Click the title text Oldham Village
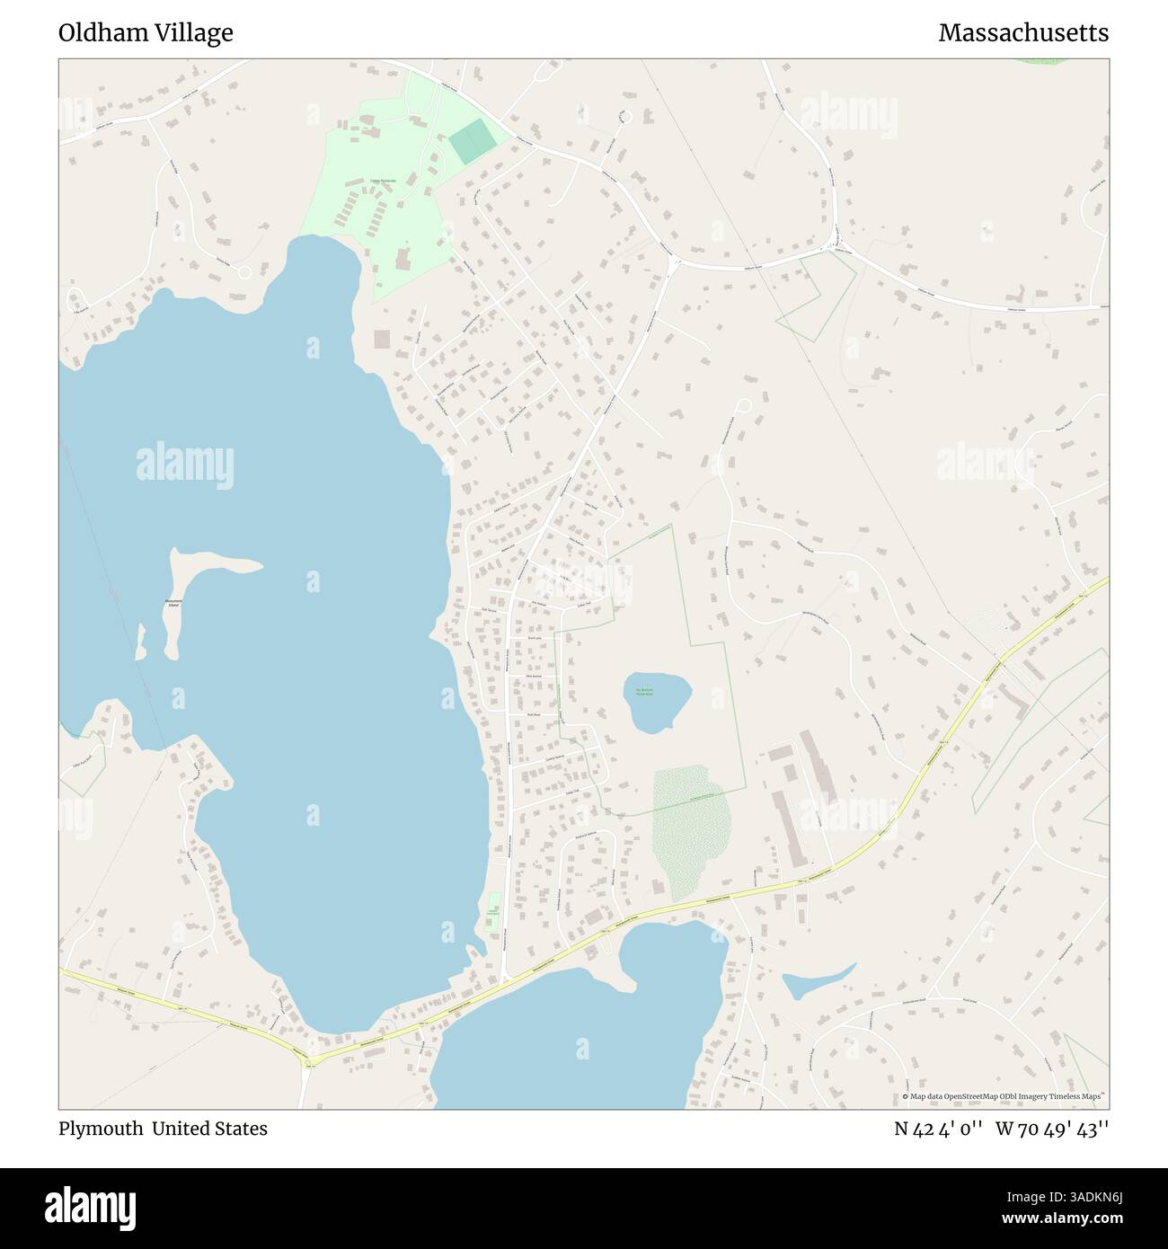146,33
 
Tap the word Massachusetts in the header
1023,33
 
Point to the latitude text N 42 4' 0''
939,1129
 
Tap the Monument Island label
173,603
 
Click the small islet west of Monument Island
141,654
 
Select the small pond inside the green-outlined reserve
656,699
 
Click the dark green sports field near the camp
472,142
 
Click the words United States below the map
209,1129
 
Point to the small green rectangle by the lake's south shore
492,912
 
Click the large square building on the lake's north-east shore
383,340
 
